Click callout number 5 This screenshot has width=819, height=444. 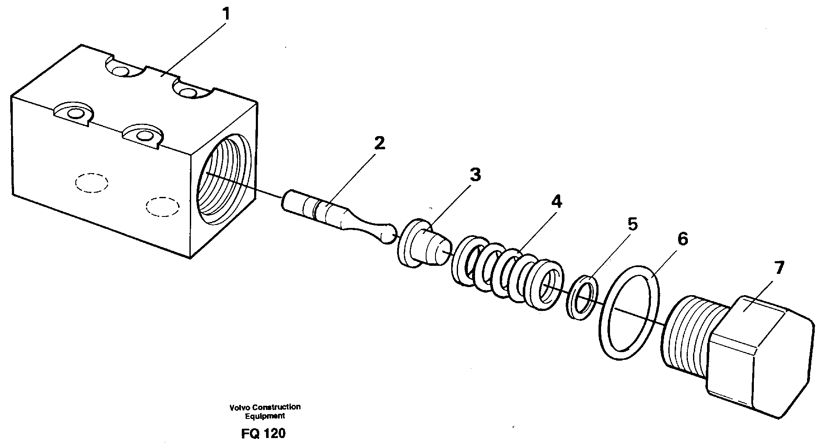[x=633, y=224]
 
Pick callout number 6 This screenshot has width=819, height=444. [x=682, y=239]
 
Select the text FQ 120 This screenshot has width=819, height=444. [x=263, y=433]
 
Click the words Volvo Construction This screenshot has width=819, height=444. [x=265, y=407]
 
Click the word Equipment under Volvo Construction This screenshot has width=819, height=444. [x=265, y=416]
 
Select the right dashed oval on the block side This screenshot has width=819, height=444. [x=162, y=206]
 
